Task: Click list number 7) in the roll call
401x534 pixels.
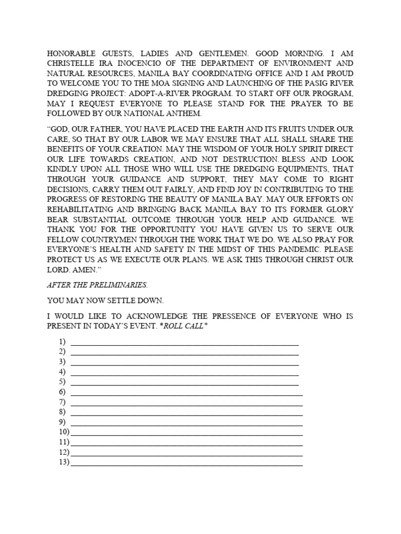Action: pyautogui.click(x=62, y=403)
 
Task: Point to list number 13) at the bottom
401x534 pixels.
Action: pyautogui.click(x=64, y=462)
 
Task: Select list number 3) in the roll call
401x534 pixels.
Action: pyautogui.click(x=62, y=362)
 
